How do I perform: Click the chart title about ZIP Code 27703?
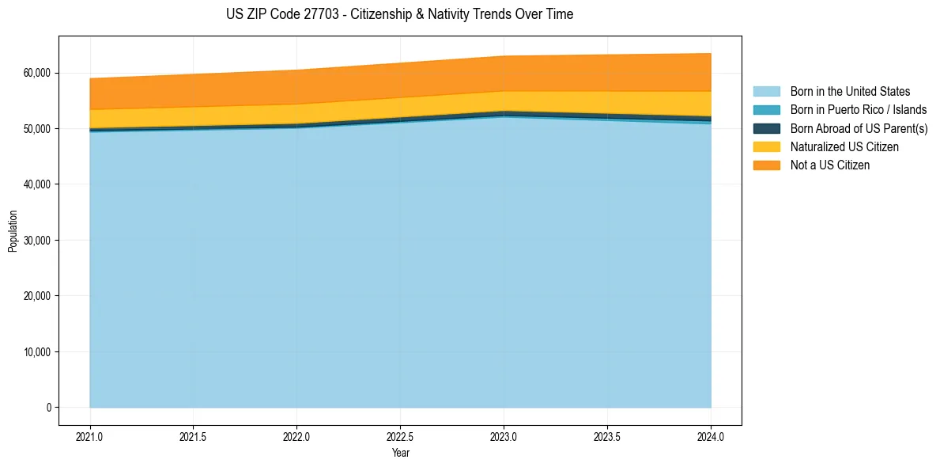click(399, 14)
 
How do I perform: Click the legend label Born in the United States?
click(850, 92)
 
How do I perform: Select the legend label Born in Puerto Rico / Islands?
click(858, 110)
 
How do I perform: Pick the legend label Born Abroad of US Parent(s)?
click(859, 128)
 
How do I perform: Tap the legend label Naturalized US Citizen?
click(844, 146)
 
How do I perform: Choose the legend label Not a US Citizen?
click(829, 165)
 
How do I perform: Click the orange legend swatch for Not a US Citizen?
click(766, 165)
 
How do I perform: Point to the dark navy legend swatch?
click(766, 128)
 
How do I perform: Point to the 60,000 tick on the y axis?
click(36, 73)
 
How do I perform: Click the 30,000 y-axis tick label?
click(36, 240)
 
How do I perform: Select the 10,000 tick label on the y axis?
click(36, 351)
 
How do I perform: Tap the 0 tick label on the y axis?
click(47, 408)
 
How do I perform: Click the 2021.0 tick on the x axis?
click(90, 436)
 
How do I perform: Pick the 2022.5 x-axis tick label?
click(400, 436)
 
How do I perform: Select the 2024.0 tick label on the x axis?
click(711, 436)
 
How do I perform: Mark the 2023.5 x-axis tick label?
click(607, 436)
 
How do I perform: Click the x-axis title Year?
click(400, 453)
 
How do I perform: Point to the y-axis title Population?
click(13, 231)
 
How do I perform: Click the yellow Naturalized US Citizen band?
click(400, 108)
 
